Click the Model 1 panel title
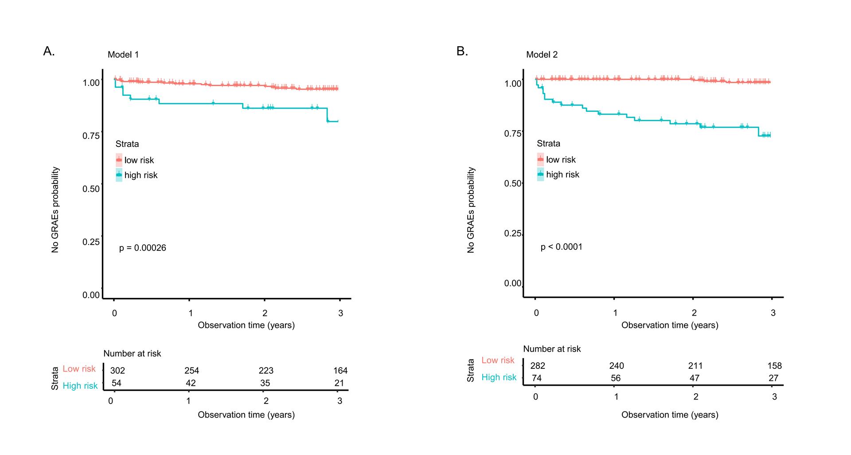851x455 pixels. coord(123,55)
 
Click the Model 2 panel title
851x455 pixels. coord(542,55)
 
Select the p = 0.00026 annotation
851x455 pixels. coord(142,248)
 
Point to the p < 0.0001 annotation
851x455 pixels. coord(561,247)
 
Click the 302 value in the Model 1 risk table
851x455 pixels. coord(117,371)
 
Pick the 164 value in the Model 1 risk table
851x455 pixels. coord(340,371)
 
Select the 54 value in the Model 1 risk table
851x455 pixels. coord(116,383)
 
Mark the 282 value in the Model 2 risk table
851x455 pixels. coord(538,366)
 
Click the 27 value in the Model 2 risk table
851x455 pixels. coord(773,378)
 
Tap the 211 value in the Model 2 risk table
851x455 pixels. coord(695,366)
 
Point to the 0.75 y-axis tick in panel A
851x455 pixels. coord(91,136)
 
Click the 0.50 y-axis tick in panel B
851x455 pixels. coord(513,183)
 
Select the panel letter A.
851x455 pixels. coord(49,51)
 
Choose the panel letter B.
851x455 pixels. coord(462,51)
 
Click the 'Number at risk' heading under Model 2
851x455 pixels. coord(552,349)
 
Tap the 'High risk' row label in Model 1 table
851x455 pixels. coord(80,386)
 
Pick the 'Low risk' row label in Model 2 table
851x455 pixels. coord(498,360)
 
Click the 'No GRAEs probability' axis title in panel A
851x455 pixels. coord(55,210)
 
